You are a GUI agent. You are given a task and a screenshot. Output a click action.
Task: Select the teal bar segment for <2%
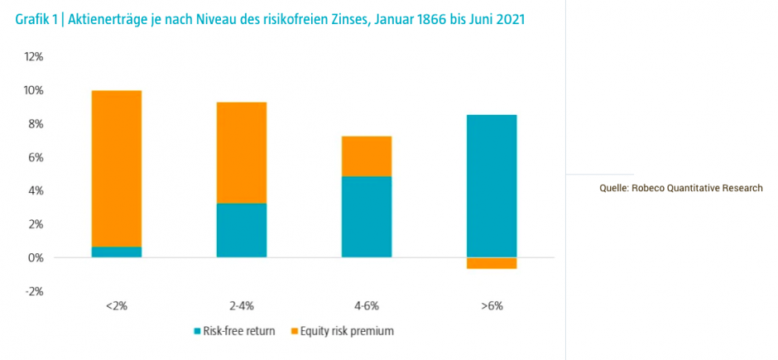click(117, 252)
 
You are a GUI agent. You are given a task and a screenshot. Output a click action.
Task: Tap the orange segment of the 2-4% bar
click(242, 152)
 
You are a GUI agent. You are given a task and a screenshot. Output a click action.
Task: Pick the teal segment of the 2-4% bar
click(242, 230)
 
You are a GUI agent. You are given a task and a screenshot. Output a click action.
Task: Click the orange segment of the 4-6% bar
click(367, 156)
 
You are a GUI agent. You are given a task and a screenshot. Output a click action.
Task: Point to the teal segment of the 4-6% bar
click(367, 217)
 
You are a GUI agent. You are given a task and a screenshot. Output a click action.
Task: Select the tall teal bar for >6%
click(492, 185)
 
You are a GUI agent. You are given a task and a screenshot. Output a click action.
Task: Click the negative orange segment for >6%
click(492, 263)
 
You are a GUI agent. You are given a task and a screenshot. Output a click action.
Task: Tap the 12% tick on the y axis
click(34, 56)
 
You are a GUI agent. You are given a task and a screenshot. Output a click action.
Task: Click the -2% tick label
click(34, 291)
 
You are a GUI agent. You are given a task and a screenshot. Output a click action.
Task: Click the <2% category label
click(117, 306)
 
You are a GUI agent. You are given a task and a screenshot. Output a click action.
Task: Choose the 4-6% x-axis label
click(367, 306)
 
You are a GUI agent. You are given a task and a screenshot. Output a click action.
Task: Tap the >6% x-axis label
click(492, 306)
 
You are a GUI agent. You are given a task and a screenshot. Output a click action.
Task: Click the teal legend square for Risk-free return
click(198, 332)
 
